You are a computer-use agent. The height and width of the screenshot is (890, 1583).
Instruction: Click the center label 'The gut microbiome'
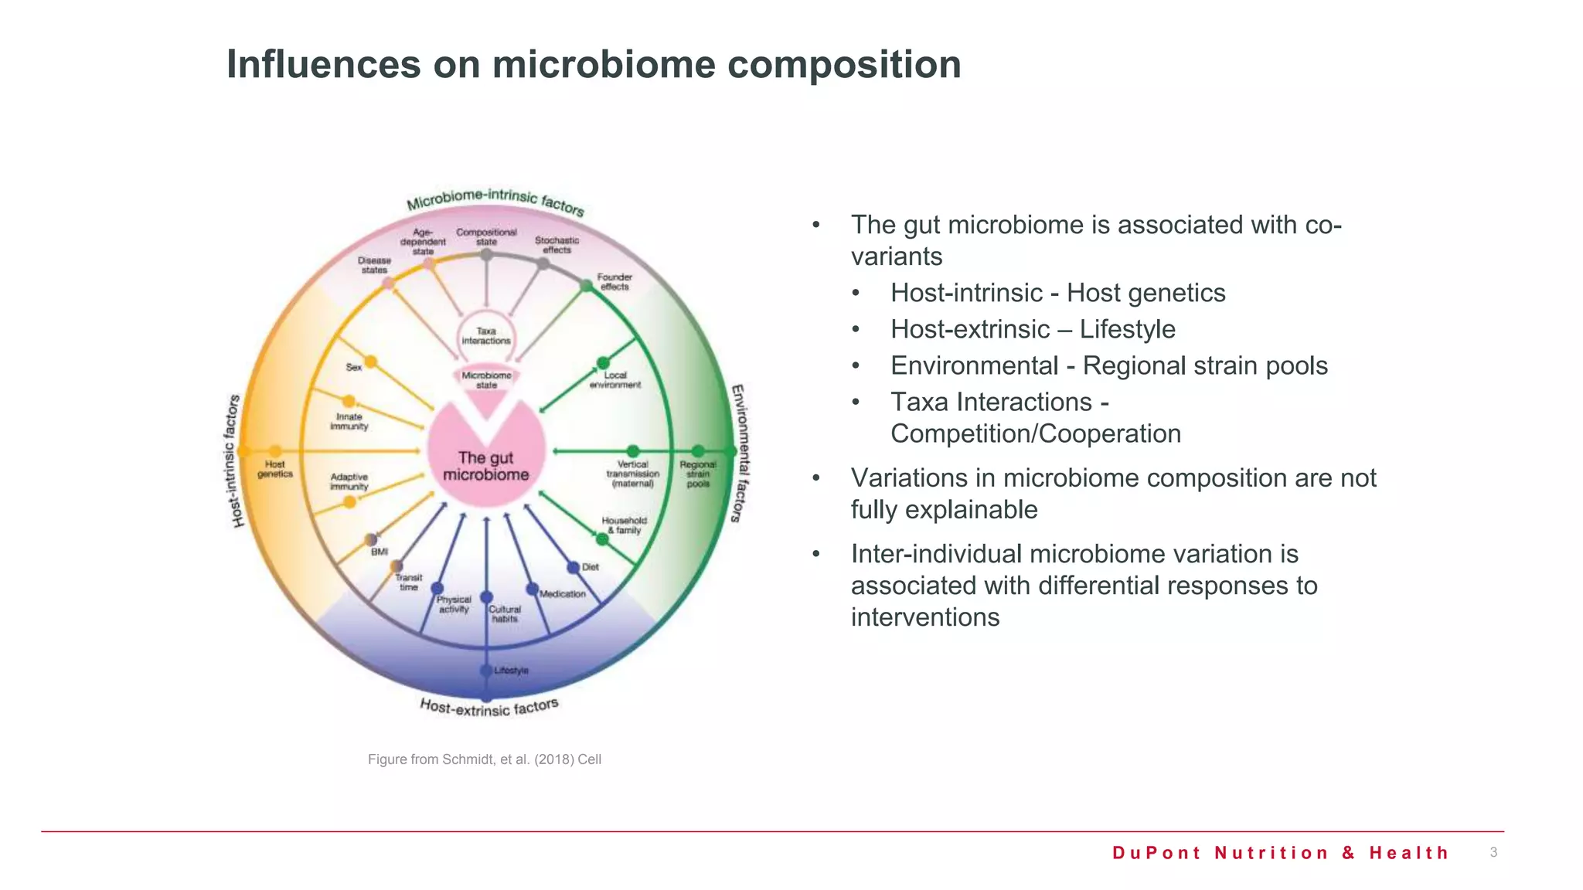tap(485, 467)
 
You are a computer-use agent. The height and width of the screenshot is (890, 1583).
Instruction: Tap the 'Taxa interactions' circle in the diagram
tap(486, 336)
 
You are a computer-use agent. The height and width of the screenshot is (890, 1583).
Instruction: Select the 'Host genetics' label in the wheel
tap(275, 469)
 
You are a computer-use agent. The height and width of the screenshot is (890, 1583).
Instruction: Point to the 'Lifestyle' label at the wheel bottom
tap(511, 671)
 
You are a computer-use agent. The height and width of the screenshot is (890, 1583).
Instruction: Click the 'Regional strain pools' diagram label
tap(698, 474)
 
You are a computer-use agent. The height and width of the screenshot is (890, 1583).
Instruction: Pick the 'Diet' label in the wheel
tap(591, 567)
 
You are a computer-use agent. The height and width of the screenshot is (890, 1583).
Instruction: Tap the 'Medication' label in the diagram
tap(563, 594)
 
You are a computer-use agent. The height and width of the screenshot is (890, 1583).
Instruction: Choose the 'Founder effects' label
tap(614, 282)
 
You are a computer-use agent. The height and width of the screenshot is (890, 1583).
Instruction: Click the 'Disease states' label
tap(374, 265)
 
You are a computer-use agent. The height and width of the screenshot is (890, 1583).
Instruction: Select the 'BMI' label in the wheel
tap(380, 552)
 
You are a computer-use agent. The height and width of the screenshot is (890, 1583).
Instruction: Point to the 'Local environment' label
tap(615, 380)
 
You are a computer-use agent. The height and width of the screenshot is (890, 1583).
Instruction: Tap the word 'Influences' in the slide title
tap(323, 64)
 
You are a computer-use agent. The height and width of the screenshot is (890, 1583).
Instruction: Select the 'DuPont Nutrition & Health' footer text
tap(1280, 853)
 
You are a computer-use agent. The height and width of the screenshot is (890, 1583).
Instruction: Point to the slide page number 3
tap(1493, 852)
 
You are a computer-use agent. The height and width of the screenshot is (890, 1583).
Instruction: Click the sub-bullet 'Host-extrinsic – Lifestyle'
tap(1033, 329)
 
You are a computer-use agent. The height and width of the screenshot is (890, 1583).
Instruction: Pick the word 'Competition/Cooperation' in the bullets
tap(1036, 434)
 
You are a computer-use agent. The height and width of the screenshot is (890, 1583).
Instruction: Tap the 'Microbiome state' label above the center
tap(486, 380)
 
